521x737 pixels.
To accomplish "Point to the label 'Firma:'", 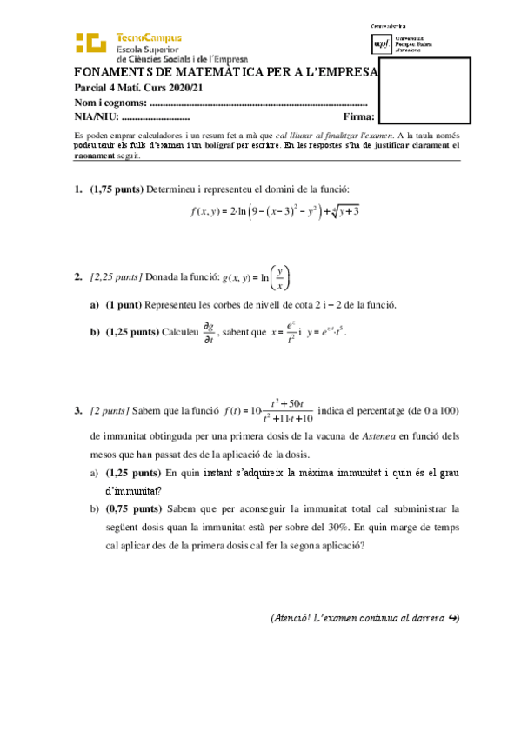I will coord(359,116).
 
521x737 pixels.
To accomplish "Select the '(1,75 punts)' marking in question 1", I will coord(117,189).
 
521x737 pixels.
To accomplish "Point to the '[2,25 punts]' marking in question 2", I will coord(117,277).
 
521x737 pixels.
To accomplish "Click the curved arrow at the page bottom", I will coord(453,619).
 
